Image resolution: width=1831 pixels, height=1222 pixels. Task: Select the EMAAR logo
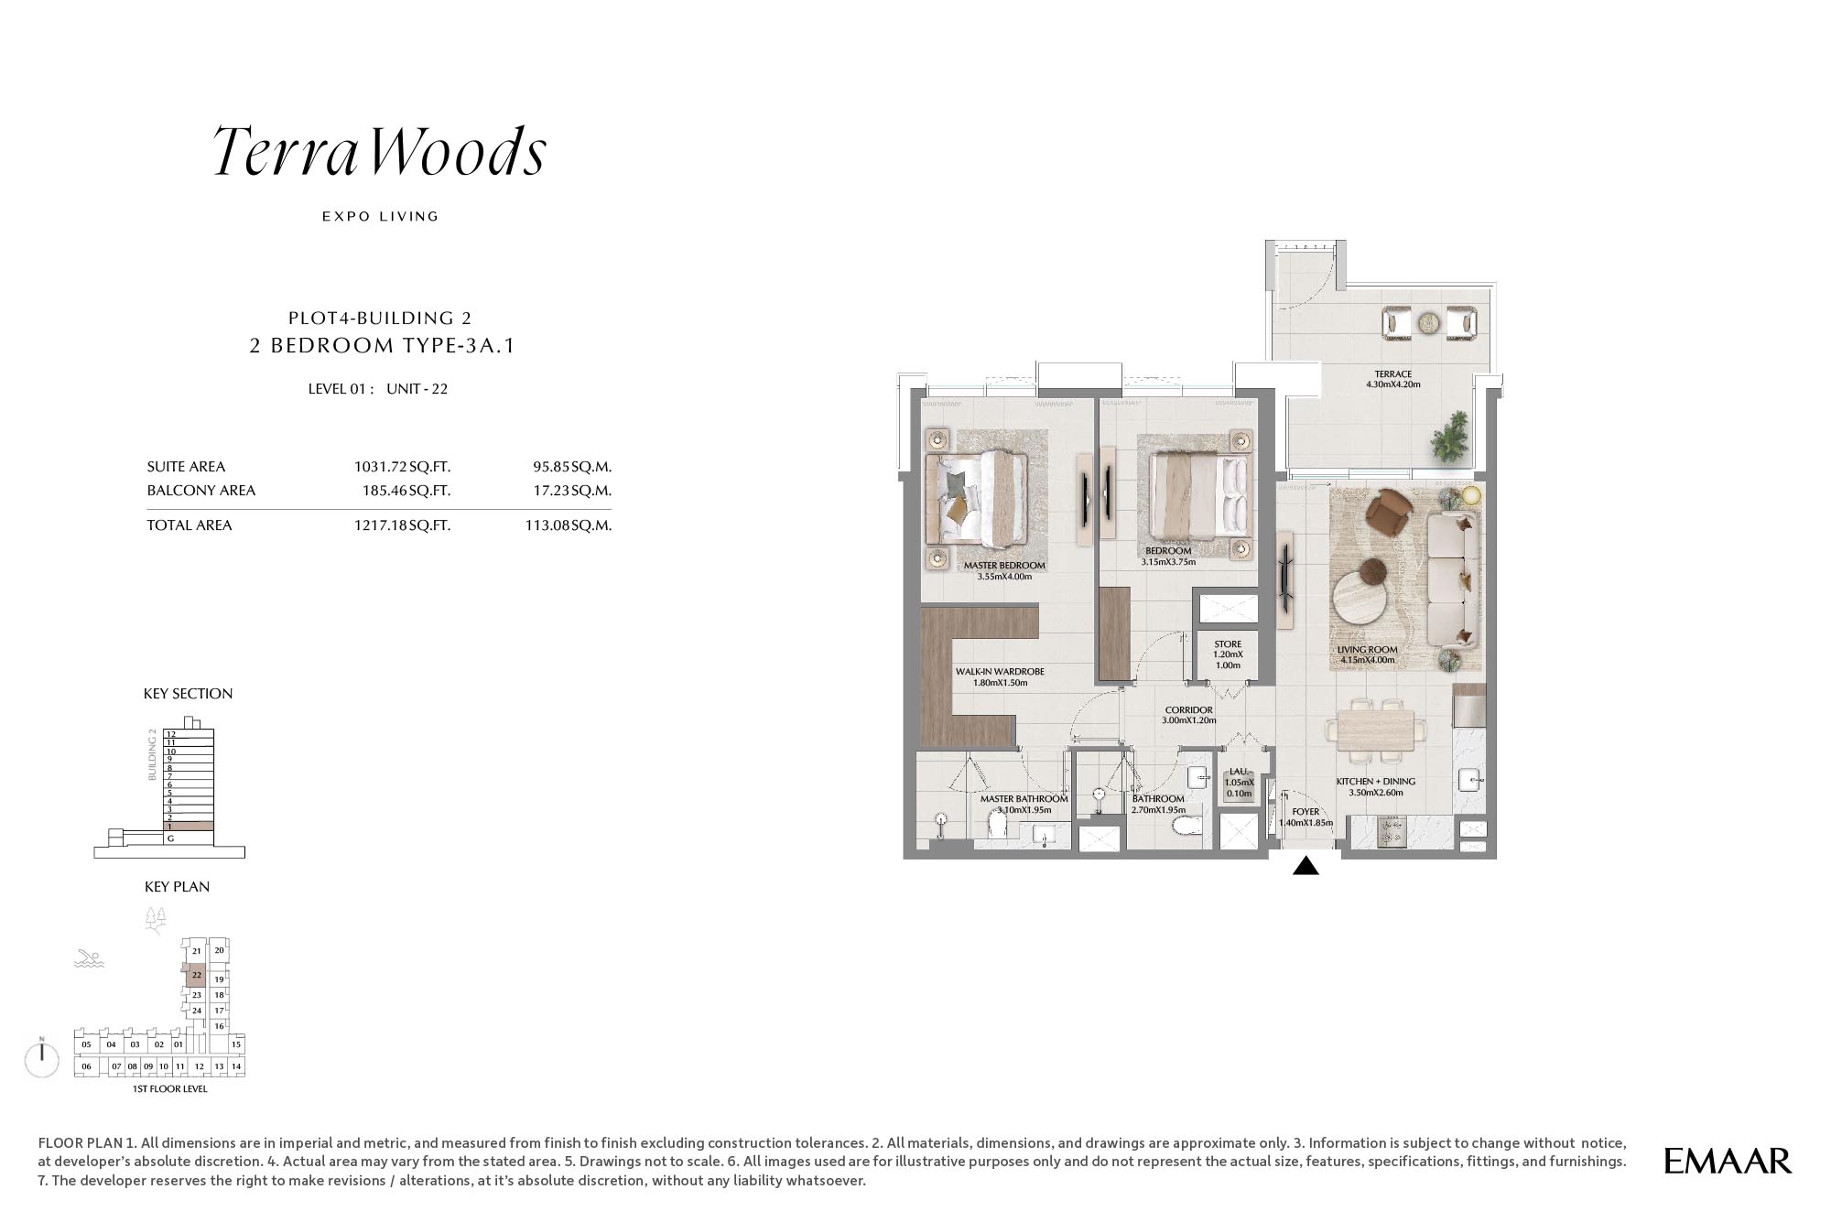click(x=1728, y=1161)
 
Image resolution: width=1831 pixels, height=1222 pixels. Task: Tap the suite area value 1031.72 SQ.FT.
click(x=402, y=467)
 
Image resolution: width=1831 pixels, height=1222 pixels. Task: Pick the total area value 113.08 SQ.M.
click(x=569, y=525)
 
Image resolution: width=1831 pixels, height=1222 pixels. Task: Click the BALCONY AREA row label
click(x=201, y=491)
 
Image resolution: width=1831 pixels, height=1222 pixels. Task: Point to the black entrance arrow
click(x=1306, y=865)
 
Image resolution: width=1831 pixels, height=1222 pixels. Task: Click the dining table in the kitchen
click(x=1375, y=730)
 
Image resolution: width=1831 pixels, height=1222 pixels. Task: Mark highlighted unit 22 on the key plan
click(x=196, y=975)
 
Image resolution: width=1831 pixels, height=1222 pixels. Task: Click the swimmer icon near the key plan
click(x=90, y=959)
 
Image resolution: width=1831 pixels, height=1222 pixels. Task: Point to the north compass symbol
click(x=42, y=1058)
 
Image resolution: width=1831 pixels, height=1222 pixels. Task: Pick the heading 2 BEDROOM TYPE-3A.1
click(x=383, y=346)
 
